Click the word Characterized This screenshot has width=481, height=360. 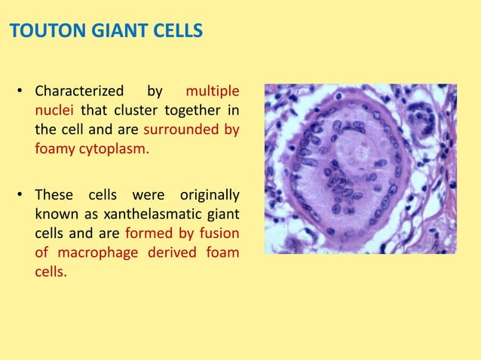(79, 92)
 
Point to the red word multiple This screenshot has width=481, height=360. (213, 92)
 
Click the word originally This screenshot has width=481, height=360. (208, 196)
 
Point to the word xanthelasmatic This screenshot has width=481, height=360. (133, 215)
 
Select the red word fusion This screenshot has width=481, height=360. (221, 233)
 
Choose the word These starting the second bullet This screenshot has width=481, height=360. (54, 196)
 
